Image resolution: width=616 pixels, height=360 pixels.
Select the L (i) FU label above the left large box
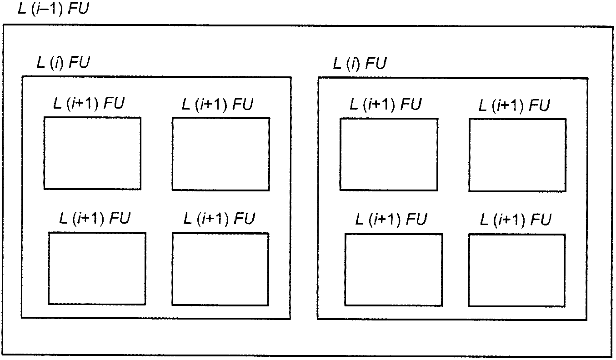coord(63,62)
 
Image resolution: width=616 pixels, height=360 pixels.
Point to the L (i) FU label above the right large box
coord(360,64)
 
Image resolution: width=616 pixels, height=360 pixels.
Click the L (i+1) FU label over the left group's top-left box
coord(89,104)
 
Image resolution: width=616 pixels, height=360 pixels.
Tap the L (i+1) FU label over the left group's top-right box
coord(217,105)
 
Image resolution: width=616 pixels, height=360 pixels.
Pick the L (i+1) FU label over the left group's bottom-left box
coord(95,219)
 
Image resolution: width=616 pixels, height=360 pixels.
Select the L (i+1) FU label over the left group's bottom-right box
coord(219,219)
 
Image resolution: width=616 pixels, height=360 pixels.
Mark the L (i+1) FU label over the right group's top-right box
coord(514,105)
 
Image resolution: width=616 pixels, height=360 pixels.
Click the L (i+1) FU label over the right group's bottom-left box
coord(391,220)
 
